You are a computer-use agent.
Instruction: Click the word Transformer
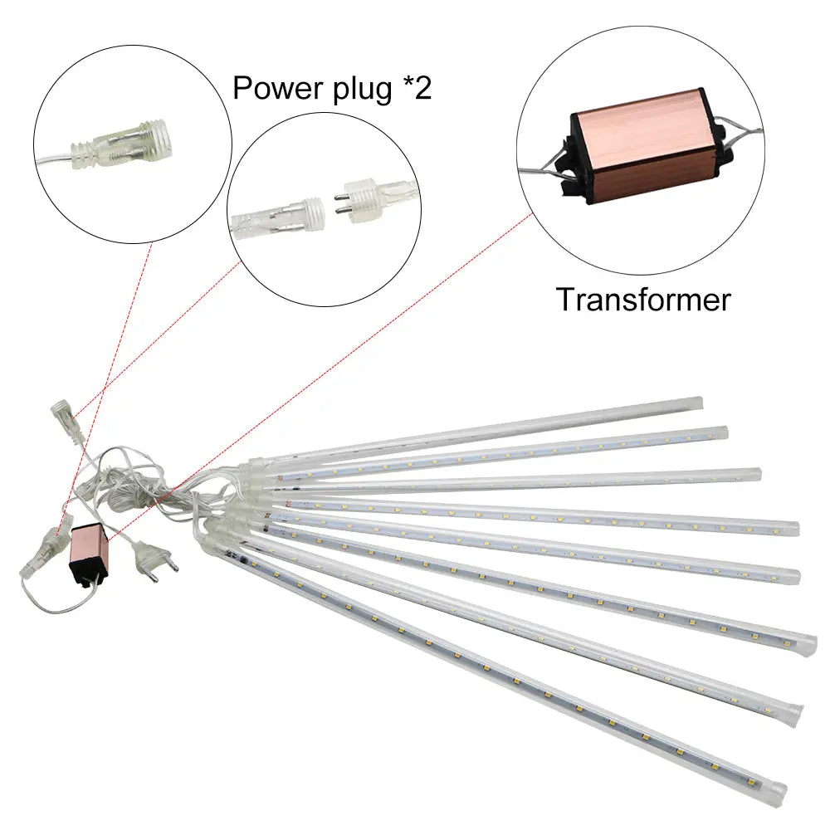643,299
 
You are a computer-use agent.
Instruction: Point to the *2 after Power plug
413,86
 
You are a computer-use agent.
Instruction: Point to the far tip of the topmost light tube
699,403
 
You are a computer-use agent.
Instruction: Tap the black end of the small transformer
85,573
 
